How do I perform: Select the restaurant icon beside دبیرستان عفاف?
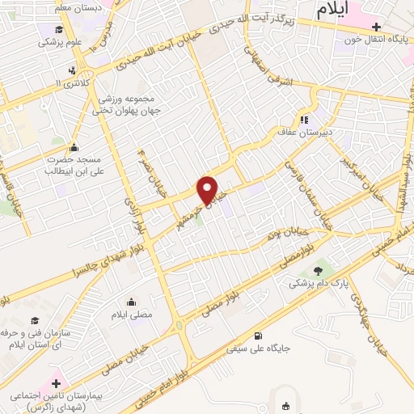305,120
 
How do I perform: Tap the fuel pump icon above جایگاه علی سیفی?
258,337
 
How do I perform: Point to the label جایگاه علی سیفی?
257,350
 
